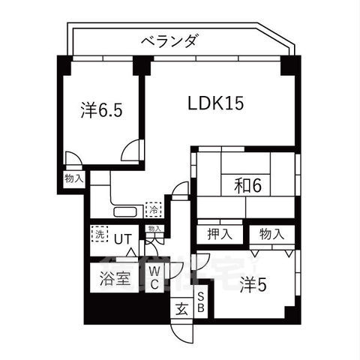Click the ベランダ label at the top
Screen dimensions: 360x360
click(169, 41)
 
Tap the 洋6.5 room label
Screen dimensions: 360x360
click(101, 110)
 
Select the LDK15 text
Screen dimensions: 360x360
click(216, 103)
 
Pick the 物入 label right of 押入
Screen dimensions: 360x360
click(271, 233)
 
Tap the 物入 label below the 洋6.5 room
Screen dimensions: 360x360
click(73, 179)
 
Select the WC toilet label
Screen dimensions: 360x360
click(153, 277)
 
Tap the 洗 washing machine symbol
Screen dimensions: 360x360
click(98, 233)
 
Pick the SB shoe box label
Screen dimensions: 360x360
click(201, 301)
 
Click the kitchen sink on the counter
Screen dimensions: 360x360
click(124, 211)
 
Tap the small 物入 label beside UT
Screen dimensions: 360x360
click(153, 228)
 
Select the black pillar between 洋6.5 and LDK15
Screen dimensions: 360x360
click(139, 67)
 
